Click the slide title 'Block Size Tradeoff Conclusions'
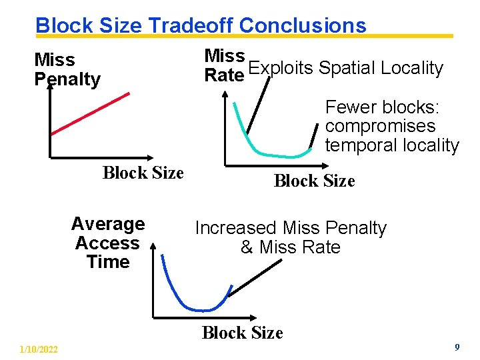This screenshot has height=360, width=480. click(x=201, y=25)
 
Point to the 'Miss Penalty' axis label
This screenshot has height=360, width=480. click(x=67, y=69)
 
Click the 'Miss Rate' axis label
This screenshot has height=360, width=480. click(x=224, y=65)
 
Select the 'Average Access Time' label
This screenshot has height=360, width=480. click(x=107, y=243)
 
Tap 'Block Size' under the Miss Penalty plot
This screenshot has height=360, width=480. click(x=143, y=173)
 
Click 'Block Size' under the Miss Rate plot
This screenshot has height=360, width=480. click(x=314, y=181)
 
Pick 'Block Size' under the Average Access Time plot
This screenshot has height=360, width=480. click(x=242, y=332)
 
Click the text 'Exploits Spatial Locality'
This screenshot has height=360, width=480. click(x=345, y=68)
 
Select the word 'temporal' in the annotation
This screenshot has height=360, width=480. click(x=358, y=145)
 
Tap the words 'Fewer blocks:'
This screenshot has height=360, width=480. click(x=377, y=107)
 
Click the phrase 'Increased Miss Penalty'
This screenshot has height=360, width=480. click(x=291, y=228)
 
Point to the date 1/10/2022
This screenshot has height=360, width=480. click(x=39, y=349)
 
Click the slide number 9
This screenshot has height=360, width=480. click(x=457, y=347)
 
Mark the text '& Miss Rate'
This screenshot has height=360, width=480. click(x=290, y=247)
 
